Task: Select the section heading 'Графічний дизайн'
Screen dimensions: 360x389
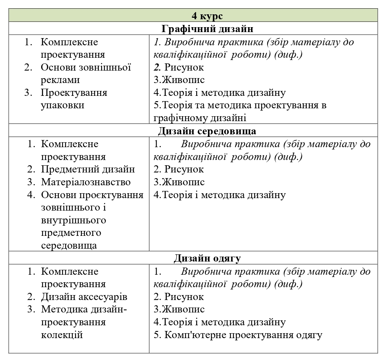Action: click(x=207, y=29)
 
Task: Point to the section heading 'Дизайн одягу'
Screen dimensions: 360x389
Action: click(x=207, y=258)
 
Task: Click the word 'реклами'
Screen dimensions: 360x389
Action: click(x=60, y=80)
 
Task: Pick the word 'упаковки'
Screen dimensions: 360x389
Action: click(x=62, y=105)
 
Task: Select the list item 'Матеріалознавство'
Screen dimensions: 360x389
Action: click(x=86, y=182)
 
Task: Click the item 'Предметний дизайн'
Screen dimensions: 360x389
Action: click(x=88, y=169)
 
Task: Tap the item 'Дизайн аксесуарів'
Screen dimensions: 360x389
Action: click(x=84, y=297)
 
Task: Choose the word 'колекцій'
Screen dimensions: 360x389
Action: click(x=62, y=335)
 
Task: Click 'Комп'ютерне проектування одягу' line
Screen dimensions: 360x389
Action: click(x=243, y=335)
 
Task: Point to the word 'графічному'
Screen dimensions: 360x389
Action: click(x=177, y=118)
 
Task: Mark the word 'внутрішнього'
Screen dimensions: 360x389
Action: click(x=73, y=220)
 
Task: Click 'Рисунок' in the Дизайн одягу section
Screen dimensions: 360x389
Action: click(x=184, y=297)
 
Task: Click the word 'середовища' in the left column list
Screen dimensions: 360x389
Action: click(x=69, y=246)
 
